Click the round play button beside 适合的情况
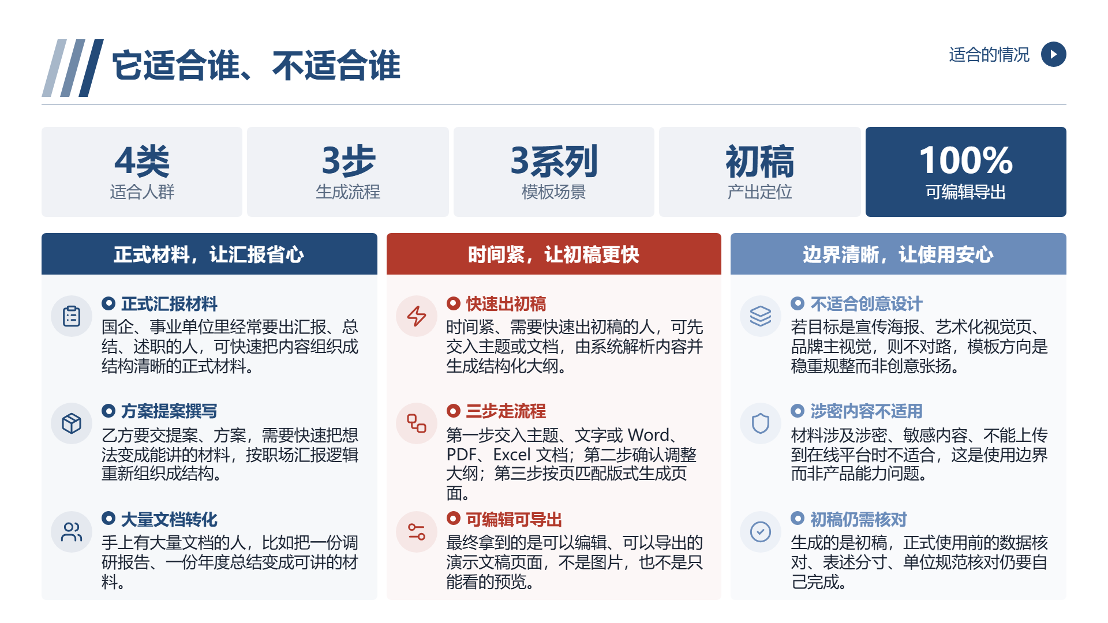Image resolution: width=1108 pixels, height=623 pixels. click(x=1053, y=54)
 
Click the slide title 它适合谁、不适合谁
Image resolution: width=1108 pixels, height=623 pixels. click(x=256, y=65)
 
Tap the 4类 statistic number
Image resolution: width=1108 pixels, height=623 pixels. click(x=142, y=161)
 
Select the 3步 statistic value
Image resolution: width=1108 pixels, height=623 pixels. click(x=348, y=161)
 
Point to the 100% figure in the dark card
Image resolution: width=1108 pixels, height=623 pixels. click(x=965, y=160)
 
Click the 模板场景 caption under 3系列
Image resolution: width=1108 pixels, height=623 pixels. click(x=553, y=192)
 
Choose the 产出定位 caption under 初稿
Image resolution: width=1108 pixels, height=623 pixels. click(x=759, y=192)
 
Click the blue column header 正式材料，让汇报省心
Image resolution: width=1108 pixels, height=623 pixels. click(x=209, y=254)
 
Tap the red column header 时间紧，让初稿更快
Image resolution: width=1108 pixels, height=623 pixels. click(x=553, y=254)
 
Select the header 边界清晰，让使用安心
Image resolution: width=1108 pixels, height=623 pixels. click(x=898, y=254)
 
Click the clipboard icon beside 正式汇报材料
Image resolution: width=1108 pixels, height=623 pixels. click(x=72, y=316)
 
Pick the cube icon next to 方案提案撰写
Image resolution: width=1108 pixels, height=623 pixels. click(x=72, y=423)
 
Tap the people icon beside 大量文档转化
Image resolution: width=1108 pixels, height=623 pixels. click(x=72, y=532)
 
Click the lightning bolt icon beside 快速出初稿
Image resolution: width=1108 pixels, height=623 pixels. click(x=417, y=316)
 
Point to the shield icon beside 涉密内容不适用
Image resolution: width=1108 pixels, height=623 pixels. click(x=761, y=423)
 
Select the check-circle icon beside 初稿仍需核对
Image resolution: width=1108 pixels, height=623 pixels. click(x=761, y=532)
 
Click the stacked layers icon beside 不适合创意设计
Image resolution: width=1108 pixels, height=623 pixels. click(x=761, y=316)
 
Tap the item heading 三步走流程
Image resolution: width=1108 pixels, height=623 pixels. click(x=506, y=411)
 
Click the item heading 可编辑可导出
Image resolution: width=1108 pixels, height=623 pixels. click(x=514, y=520)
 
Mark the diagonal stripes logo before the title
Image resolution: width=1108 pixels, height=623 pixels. click(x=73, y=68)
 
